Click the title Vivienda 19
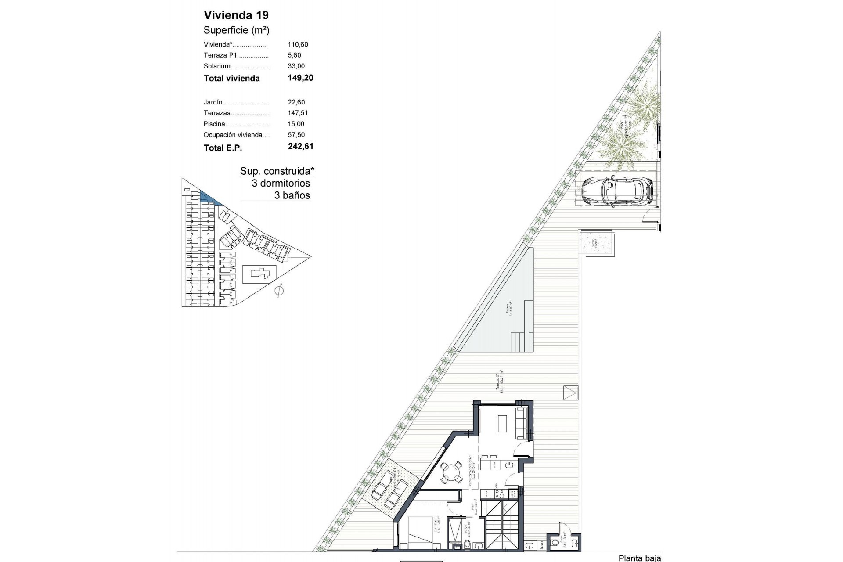pyautogui.click(x=236, y=15)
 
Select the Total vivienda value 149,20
pyautogui.click(x=300, y=78)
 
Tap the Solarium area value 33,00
pyautogui.click(x=296, y=66)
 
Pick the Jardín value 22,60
pyautogui.click(x=296, y=102)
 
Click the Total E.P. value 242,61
pyautogui.click(x=300, y=147)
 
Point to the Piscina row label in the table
pyautogui.click(x=214, y=124)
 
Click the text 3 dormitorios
pyautogui.click(x=281, y=184)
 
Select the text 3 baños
pyautogui.click(x=292, y=196)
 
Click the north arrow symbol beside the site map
pyautogui.click(x=279, y=291)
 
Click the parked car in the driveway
pyautogui.click(x=617, y=191)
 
